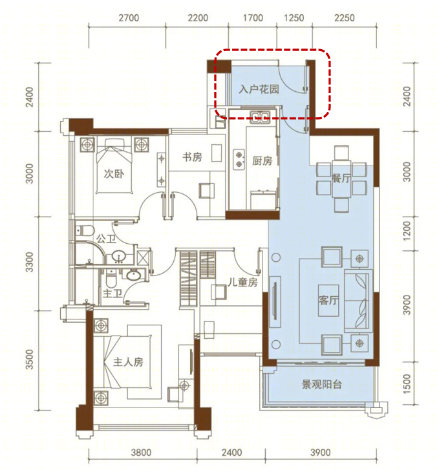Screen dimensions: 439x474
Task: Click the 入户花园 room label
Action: [x=259, y=89]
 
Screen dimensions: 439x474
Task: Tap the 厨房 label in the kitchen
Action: [x=262, y=161]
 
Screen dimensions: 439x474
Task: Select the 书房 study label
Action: [x=192, y=157]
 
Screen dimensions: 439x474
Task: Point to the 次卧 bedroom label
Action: [x=114, y=174]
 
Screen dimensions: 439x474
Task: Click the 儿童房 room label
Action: [x=243, y=283]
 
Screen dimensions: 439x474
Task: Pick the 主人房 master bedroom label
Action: [x=128, y=362]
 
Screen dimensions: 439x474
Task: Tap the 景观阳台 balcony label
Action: [x=321, y=384]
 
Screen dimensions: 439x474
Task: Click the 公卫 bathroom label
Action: [x=106, y=239]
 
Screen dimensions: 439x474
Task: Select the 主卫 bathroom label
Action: [x=112, y=293]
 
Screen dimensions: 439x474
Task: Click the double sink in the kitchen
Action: [x=260, y=116]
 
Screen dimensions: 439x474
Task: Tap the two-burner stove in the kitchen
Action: [x=239, y=160]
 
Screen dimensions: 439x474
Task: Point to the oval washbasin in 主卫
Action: [x=133, y=275]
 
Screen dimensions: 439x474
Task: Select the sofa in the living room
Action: [x=359, y=300]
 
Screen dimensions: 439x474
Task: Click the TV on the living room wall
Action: [x=275, y=301]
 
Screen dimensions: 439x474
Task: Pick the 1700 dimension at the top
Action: [x=253, y=18]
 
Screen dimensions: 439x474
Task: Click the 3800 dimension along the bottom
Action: [x=141, y=453]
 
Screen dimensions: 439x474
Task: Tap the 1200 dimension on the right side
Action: [x=407, y=231]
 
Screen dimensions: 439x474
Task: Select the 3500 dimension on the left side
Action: [x=29, y=360]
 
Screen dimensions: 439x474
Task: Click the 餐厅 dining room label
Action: [x=341, y=178]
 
